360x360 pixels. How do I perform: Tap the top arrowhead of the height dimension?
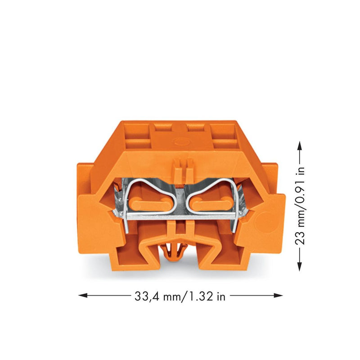(299, 145)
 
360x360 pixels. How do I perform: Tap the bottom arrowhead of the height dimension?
(299, 266)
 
